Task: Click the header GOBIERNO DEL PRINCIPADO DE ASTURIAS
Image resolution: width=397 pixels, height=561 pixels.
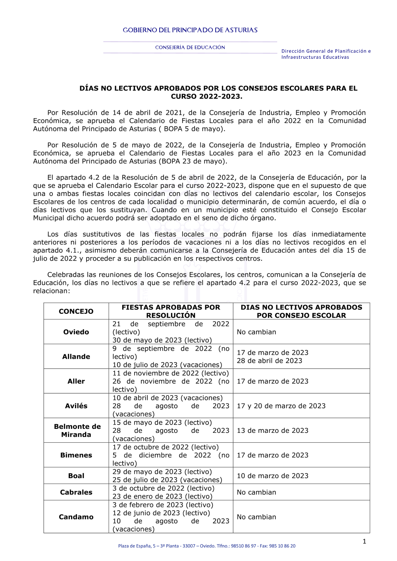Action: click(190, 30)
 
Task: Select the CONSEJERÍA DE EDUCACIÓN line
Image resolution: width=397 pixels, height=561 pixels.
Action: click(190, 48)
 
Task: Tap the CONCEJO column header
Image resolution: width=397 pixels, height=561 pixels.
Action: click(76, 311)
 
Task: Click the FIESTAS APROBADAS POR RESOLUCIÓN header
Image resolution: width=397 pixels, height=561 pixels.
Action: click(171, 311)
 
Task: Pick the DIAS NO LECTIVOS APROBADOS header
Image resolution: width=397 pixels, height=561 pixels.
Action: click(301, 311)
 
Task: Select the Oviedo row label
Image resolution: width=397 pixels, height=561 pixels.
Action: click(76, 332)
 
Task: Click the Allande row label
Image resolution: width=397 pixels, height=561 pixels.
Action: click(76, 357)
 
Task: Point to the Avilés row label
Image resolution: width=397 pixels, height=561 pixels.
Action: click(76, 406)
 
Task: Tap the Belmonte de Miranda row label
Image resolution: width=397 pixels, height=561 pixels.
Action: click(77, 430)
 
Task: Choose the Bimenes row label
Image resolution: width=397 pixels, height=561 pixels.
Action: click(76, 455)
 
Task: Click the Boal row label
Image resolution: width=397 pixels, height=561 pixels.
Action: click(76, 476)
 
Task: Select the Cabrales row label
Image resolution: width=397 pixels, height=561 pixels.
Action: click(76, 492)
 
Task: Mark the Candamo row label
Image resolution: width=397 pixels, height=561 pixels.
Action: click(76, 517)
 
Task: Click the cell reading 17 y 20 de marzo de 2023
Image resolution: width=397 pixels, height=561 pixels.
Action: click(281, 406)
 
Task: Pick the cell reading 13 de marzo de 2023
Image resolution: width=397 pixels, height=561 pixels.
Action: click(273, 430)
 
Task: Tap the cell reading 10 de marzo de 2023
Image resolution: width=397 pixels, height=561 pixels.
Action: click(273, 476)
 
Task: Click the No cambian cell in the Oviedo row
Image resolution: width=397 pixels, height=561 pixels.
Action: click(256, 332)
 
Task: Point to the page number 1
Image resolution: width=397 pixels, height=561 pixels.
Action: click(364, 542)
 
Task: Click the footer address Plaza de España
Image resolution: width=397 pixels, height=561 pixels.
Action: click(206, 546)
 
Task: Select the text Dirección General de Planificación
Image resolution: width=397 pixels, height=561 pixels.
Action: click(326, 51)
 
